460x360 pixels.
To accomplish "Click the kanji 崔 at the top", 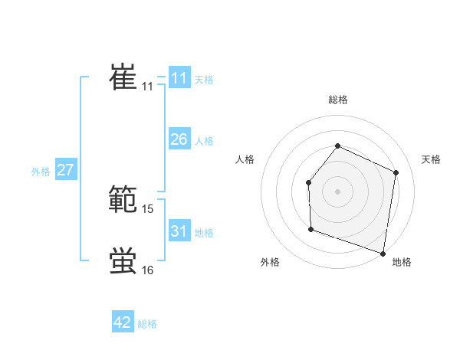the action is point(123,78).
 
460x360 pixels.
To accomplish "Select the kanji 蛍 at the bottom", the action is point(123,261).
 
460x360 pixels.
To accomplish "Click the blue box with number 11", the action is point(179,78).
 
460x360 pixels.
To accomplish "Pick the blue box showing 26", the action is point(179,139).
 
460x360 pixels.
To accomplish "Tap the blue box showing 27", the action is point(65,170).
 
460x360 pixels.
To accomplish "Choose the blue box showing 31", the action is point(179,231).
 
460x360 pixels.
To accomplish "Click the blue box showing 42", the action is point(123,322).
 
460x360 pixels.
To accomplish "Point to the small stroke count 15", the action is point(148,208).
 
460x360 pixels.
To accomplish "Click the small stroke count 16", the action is point(148,270).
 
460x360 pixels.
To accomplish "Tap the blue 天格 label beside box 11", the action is point(204,79).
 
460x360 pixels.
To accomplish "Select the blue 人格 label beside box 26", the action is point(204,140).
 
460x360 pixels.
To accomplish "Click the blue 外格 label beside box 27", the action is point(41,172).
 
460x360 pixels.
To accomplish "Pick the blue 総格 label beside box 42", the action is point(147,324).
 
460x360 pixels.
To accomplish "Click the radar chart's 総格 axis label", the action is point(337,100).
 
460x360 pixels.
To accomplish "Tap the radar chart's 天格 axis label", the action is point(432,159).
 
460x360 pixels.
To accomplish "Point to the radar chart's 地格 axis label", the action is point(402,262).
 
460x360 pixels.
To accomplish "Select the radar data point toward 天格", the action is point(396,172).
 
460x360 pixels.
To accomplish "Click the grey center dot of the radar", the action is point(337,191).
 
